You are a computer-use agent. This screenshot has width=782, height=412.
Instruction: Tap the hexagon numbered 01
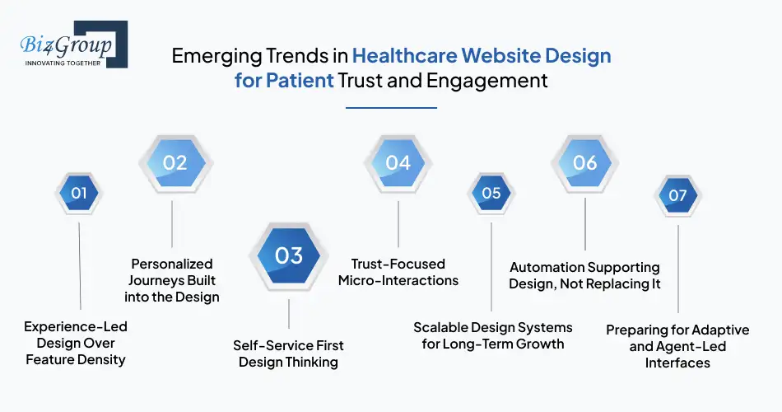coord(79,194)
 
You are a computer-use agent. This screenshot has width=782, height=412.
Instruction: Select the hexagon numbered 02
coord(175,162)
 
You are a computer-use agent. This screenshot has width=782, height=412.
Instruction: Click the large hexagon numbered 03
coord(289,255)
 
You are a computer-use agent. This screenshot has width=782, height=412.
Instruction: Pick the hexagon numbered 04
coord(398,162)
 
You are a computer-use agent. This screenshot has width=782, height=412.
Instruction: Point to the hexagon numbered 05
coord(491,194)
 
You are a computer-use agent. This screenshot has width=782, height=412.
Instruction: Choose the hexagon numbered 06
coord(584,162)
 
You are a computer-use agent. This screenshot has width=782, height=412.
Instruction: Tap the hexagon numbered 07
coord(677,195)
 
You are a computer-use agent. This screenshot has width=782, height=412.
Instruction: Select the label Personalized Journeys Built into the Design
coord(172,280)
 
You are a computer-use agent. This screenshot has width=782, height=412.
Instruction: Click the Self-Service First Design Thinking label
coord(288,353)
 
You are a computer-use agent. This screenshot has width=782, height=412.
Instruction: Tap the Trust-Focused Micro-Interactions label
coord(398,272)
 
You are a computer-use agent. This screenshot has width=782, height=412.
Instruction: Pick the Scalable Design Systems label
coord(492,335)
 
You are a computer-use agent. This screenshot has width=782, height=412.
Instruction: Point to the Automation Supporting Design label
coord(584,275)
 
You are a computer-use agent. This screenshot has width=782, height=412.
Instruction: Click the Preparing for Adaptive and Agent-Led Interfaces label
coord(677,346)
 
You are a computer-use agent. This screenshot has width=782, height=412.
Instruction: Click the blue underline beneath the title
coord(391,107)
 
